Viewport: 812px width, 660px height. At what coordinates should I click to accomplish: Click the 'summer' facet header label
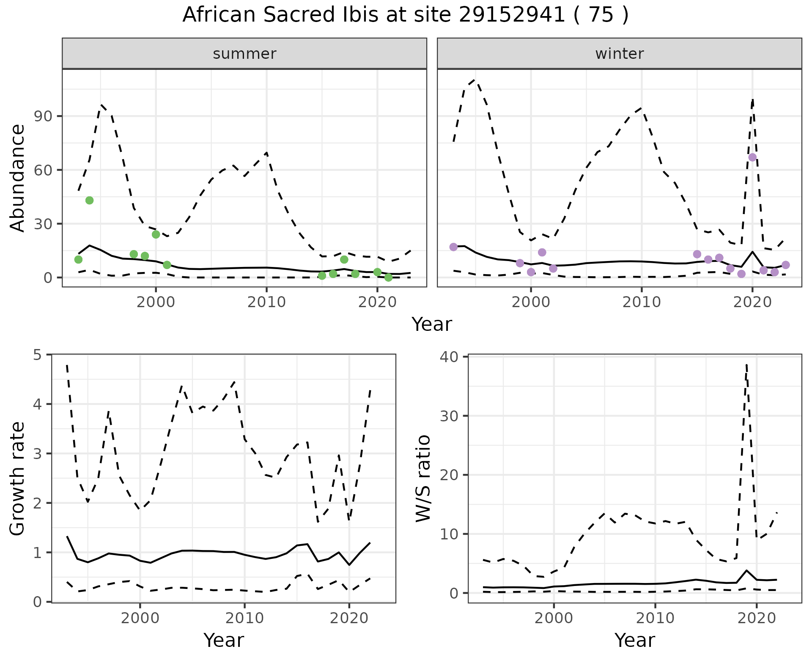tap(244, 54)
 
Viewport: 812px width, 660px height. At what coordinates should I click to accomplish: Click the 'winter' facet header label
tap(619, 54)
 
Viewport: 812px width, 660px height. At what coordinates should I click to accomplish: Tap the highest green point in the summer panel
tap(89, 200)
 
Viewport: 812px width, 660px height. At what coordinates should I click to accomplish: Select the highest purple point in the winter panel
tap(752, 157)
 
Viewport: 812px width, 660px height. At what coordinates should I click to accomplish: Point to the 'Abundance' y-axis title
tap(18, 178)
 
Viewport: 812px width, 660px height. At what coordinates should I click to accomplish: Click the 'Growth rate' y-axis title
tap(18, 478)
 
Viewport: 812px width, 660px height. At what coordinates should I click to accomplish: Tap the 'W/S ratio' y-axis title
tap(423, 478)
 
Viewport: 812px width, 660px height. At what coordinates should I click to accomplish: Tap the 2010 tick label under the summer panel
tap(266, 302)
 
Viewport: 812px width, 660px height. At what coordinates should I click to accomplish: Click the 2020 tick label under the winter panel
tap(752, 302)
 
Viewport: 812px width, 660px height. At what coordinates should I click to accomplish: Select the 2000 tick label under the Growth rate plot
tap(140, 618)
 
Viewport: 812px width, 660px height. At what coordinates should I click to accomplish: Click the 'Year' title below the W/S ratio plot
tap(634, 640)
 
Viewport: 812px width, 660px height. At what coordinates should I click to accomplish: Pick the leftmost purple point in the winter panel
tap(453, 247)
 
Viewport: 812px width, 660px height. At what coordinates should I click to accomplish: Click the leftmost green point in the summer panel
tap(78, 259)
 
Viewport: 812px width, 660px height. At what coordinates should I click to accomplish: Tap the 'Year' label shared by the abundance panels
tap(431, 324)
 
